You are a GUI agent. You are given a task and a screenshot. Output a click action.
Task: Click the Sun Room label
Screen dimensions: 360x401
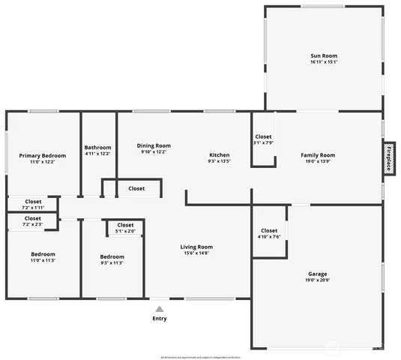click(x=324, y=56)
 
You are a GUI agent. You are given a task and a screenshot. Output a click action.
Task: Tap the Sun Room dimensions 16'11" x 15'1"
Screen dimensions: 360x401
click(x=324, y=62)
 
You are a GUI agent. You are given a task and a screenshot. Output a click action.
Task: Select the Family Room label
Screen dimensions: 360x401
click(x=318, y=155)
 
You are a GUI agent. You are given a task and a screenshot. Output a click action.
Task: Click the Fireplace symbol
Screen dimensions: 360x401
click(x=389, y=158)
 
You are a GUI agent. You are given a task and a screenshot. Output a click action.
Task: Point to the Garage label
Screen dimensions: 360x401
click(x=318, y=274)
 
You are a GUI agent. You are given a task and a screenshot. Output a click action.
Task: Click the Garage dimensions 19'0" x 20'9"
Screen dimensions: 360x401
click(x=318, y=280)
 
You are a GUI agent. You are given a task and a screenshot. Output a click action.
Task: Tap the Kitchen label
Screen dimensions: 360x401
click(x=219, y=154)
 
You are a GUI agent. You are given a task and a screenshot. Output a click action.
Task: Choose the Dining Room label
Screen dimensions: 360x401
click(x=154, y=145)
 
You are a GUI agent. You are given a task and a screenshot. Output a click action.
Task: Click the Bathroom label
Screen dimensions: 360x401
click(x=97, y=147)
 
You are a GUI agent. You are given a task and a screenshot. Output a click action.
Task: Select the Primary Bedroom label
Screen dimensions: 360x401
click(x=42, y=155)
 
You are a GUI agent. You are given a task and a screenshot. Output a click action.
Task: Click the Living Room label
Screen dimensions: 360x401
click(x=196, y=247)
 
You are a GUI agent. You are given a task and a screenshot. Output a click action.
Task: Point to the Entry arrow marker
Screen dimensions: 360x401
click(x=160, y=308)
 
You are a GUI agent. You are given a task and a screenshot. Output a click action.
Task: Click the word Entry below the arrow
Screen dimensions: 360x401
click(x=160, y=319)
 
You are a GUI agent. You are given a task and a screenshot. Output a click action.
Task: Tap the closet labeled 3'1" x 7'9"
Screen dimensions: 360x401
click(x=263, y=139)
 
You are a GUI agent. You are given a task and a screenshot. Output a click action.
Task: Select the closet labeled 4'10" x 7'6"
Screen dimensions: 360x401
click(x=269, y=233)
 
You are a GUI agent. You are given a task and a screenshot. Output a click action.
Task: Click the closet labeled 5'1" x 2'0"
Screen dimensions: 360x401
click(x=125, y=228)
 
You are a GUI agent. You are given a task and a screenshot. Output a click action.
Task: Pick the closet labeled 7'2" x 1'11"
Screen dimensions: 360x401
click(x=33, y=204)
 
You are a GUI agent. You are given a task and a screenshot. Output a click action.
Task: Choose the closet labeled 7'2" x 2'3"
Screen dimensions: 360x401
click(x=33, y=220)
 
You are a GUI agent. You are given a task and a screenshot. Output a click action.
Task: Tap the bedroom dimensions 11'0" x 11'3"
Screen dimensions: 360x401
click(x=43, y=260)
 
